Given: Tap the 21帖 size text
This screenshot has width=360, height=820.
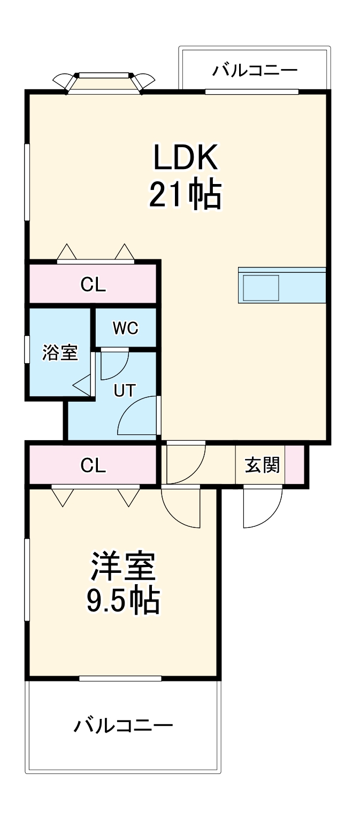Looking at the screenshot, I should (x=185, y=195).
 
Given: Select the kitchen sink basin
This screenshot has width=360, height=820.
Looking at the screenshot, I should (x=261, y=287).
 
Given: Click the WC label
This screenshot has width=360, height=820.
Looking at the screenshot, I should (x=125, y=328).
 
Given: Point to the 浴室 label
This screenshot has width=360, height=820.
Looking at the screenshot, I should (x=60, y=353).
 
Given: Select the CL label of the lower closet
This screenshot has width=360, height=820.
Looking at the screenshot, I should (x=93, y=466).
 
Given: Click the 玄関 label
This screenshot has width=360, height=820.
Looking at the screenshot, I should (x=262, y=465).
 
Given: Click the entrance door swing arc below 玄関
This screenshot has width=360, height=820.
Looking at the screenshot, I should (x=262, y=508).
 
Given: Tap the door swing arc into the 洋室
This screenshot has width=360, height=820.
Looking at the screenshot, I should (x=181, y=507).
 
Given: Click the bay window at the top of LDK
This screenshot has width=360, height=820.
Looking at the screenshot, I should (x=104, y=82).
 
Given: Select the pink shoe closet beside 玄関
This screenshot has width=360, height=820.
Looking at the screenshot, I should (x=295, y=464).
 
